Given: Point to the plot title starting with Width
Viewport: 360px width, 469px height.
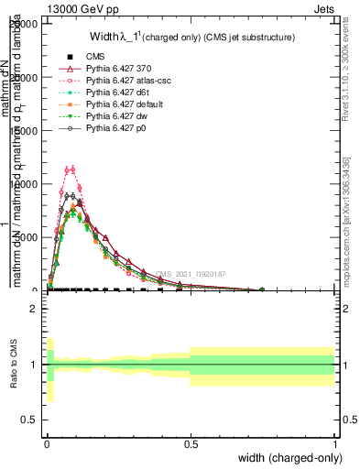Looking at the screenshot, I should (191, 38).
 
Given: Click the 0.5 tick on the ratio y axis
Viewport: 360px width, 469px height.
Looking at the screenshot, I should (30, 420).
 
